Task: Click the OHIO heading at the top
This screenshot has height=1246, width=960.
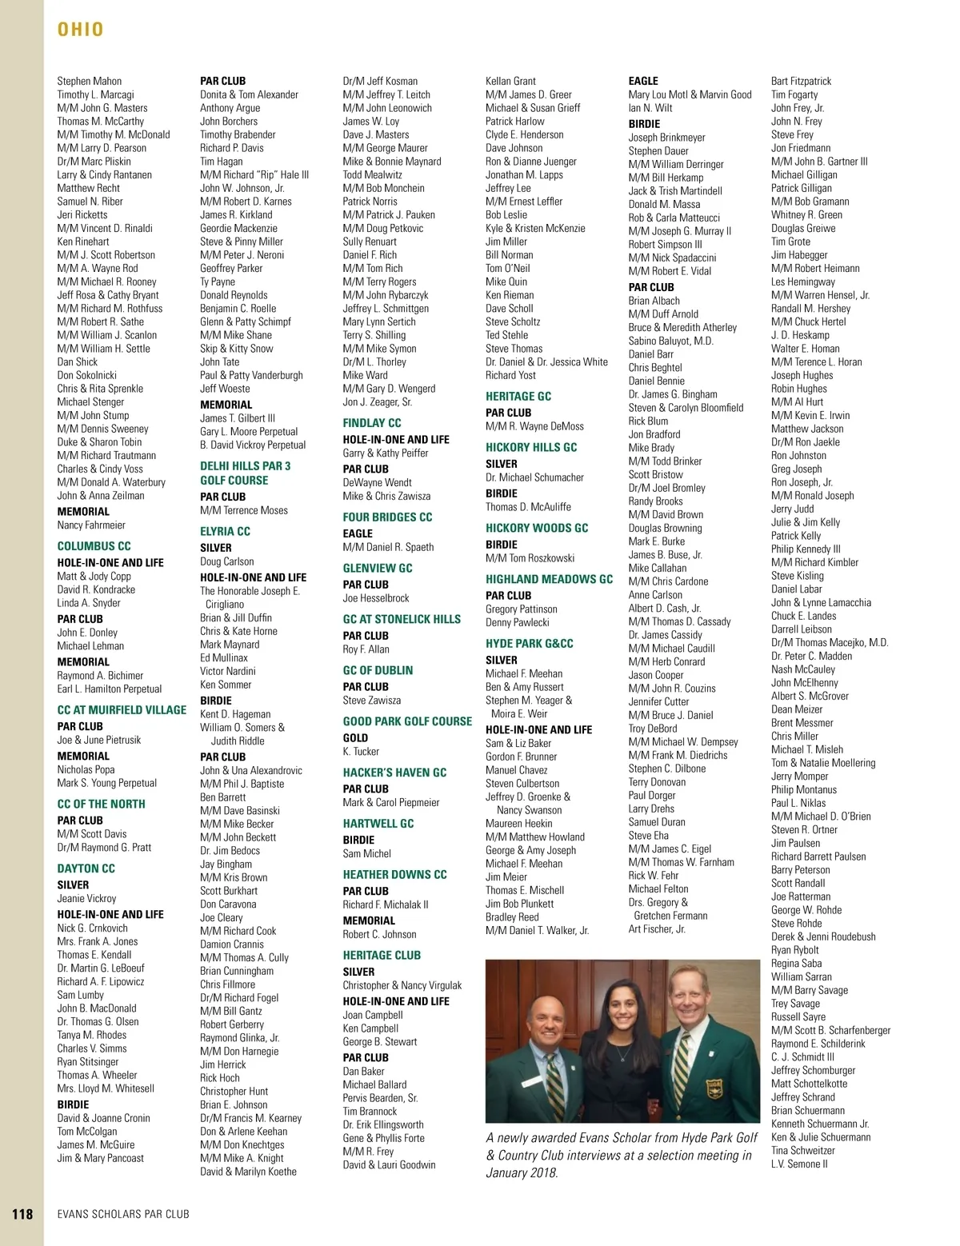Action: click(81, 30)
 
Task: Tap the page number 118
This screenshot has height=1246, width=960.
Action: click(22, 1214)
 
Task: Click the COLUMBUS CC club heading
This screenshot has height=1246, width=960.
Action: click(94, 546)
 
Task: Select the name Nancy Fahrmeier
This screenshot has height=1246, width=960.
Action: click(91, 525)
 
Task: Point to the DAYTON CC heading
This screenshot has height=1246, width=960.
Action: click(86, 869)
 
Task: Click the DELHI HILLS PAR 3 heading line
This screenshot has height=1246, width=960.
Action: click(245, 466)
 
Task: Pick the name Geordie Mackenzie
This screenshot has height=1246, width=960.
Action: click(238, 228)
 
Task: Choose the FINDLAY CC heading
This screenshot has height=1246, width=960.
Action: click(372, 423)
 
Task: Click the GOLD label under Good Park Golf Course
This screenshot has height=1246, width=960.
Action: click(355, 738)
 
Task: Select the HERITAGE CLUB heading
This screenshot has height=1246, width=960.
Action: click(382, 956)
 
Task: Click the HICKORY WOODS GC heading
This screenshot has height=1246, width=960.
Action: click(537, 529)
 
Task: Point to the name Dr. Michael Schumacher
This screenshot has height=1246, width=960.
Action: click(534, 477)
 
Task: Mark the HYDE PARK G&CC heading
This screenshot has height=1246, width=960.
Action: click(529, 644)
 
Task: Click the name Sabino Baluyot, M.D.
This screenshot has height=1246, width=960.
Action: click(670, 341)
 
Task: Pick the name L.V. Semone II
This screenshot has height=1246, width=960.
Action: click(799, 1164)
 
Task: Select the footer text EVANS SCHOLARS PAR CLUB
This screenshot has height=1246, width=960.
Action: click(123, 1214)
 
